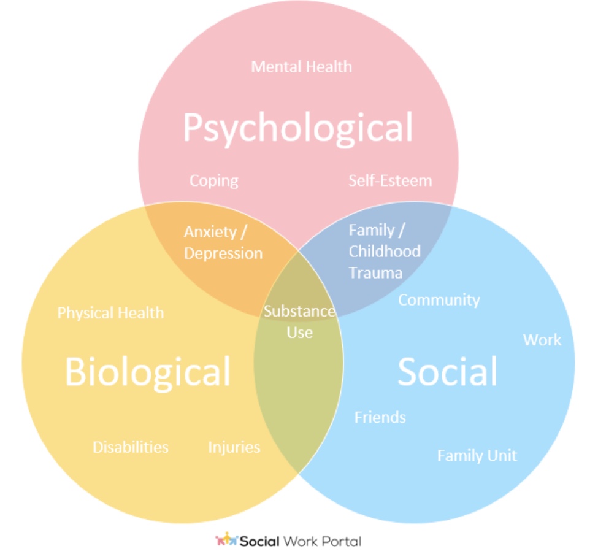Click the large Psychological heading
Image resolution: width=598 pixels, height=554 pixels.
[x=298, y=128]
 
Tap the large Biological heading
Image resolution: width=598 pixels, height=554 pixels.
[x=147, y=372]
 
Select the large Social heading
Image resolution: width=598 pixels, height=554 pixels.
[x=447, y=372]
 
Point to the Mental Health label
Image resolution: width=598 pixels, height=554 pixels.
[x=302, y=66]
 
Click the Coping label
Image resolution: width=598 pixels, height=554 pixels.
[x=213, y=181]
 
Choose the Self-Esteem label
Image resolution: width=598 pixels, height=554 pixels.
[x=390, y=181]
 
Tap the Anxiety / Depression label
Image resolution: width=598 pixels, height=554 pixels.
[x=223, y=242]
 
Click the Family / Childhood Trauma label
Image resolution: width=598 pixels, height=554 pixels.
[x=385, y=251]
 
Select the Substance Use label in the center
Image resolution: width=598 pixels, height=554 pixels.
[x=299, y=321]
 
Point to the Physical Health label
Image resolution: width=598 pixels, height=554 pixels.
[x=110, y=313]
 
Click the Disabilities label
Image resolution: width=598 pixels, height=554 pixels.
[x=131, y=447]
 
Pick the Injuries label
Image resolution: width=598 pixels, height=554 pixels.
[x=234, y=447]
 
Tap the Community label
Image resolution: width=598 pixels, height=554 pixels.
[x=439, y=300]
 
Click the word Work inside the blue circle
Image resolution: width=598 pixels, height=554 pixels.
[x=542, y=339]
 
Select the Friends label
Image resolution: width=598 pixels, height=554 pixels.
[x=380, y=418]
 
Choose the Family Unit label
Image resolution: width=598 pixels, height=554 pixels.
[x=477, y=456]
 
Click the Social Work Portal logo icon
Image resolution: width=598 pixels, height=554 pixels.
[x=226, y=540]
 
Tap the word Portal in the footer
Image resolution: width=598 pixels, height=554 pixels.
[x=344, y=541]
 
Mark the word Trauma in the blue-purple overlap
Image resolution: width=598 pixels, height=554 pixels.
[x=375, y=273]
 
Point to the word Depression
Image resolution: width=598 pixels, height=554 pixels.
[x=223, y=253]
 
